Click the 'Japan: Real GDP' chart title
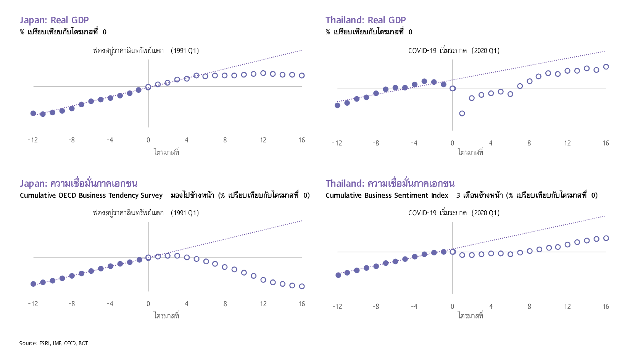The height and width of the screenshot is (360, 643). [54, 20]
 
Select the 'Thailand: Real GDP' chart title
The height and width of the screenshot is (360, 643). [365, 20]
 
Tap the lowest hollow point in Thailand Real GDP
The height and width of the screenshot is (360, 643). [462, 113]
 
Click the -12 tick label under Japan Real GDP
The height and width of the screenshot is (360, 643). [33, 140]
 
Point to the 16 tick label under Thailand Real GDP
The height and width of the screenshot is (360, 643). [606, 143]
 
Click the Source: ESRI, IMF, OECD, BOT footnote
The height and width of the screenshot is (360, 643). [53, 343]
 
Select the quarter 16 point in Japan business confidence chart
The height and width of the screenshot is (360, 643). [301, 286]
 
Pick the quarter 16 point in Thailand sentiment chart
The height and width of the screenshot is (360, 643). [606, 238]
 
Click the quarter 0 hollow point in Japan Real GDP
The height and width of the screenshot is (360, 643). [148, 87]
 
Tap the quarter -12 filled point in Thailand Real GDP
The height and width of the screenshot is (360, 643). [337, 105]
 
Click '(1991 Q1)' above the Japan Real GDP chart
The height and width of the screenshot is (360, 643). [185, 51]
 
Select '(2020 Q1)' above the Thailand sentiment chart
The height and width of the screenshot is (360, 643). [485, 213]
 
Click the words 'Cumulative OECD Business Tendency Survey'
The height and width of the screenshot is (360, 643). [91, 195]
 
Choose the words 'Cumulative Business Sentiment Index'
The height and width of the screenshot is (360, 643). [387, 195]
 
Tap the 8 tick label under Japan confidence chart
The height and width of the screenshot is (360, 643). [225, 304]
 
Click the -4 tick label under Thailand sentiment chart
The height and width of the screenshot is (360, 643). [414, 307]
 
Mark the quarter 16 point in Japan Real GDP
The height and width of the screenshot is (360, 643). [301, 76]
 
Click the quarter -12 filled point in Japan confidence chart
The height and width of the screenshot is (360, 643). [33, 284]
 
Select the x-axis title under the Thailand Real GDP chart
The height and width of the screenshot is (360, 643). [471, 152]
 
